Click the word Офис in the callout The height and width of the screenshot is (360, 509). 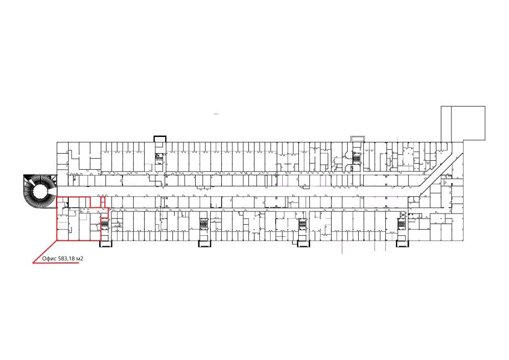tap(49, 258)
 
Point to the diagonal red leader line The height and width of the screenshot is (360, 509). tap(45, 252)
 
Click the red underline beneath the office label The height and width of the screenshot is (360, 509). tap(56, 263)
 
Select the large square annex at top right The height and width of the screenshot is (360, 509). tap(463, 123)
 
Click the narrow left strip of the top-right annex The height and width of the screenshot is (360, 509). tap(446, 124)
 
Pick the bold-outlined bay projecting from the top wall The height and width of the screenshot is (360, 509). tap(160, 139)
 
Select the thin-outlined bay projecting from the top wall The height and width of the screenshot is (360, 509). tap(358, 139)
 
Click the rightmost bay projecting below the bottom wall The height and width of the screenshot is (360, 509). tap(401, 244)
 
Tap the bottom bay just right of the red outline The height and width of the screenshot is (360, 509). tap(105, 244)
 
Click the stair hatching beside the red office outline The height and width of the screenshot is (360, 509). tap(105, 224)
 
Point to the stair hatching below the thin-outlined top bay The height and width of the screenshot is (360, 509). tap(357, 159)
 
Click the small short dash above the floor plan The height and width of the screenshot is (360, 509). tap(217, 114)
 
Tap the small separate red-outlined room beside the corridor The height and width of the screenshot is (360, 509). tap(103, 202)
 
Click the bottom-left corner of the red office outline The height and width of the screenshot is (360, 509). tap(57, 241)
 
